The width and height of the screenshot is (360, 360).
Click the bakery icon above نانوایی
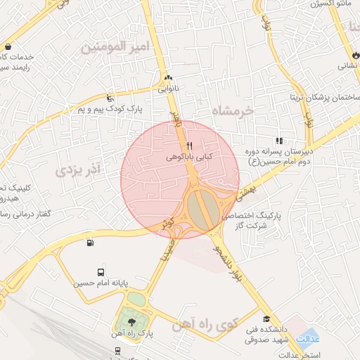[167, 78]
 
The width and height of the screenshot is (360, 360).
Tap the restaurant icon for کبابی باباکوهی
[189, 146]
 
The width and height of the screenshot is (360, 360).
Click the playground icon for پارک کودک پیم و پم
[108, 98]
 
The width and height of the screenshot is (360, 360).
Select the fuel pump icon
[89, 243]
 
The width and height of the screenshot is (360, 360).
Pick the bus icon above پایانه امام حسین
[101, 272]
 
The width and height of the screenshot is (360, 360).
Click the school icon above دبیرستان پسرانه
[279, 141]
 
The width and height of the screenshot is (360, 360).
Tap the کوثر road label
[169, 223]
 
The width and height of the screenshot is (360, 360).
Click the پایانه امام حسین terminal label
[103, 284]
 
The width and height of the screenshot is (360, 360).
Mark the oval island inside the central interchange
[198, 211]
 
